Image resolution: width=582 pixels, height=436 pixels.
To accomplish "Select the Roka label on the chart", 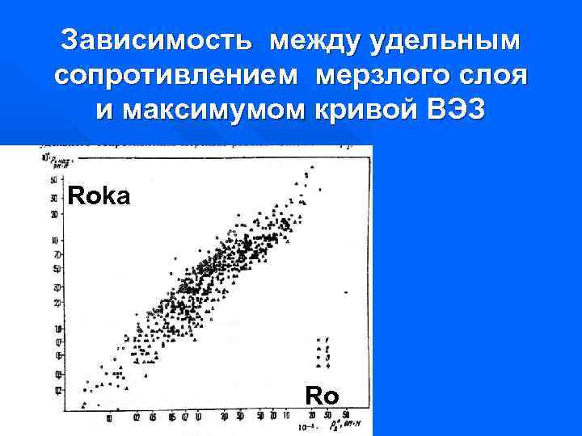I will pyautogui.click(x=99, y=195).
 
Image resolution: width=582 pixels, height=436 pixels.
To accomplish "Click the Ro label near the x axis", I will pyautogui.click(x=322, y=396).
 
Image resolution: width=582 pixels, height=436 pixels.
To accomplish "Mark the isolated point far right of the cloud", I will pyautogui.click(x=346, y=292).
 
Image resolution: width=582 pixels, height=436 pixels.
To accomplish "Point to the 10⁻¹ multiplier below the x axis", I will pyautogui.click(x=306, y=426).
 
